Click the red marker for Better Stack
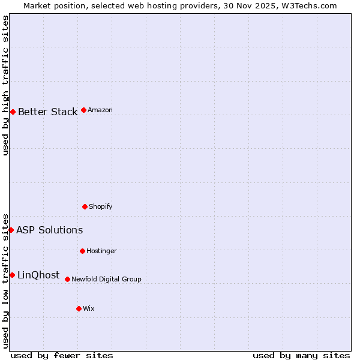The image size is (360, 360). pos(13,112)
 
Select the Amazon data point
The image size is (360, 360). pos(83,110)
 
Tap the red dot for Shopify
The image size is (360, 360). pos(85,206)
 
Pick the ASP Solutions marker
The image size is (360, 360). pos(11,230)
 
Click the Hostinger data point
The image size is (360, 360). pos(82,251)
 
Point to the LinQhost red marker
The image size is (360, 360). pos(12,275)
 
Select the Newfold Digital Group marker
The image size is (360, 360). pos(67,279)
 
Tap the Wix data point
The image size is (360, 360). pos(79,308)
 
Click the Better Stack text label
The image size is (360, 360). pos(47,112)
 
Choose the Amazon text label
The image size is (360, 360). pos(100,110)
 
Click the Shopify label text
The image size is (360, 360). pos(100,207)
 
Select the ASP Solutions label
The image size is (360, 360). pos(49,230)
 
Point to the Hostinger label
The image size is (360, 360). pos(101,251)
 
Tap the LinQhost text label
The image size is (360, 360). pos(38,275)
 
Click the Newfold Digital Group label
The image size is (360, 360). pos(106,279)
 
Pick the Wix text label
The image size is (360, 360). pos(88,308)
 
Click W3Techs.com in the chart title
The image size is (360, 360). pos(310,5)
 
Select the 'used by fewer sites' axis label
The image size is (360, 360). pos(62,355)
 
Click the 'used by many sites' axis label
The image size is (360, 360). pos(301,355)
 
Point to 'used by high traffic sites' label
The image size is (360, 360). pos(5,85)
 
